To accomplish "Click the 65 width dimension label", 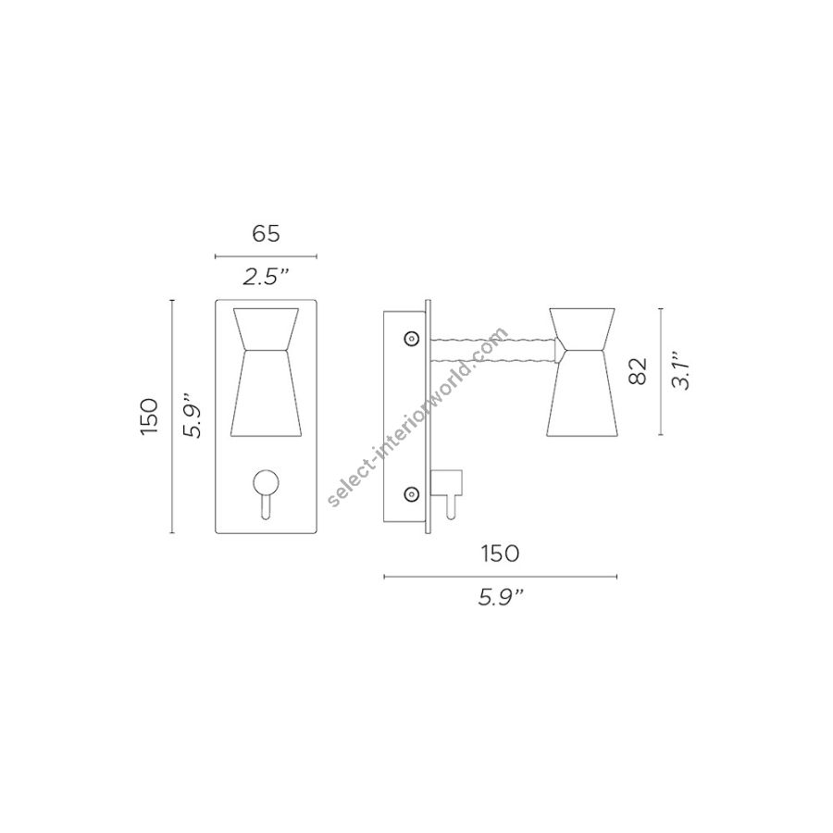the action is (266, 233).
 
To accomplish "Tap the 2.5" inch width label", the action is (266, 277).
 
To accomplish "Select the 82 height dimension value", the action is (638, 371).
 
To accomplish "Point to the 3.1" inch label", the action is (680, 370).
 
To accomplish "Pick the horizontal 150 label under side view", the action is (500, 553).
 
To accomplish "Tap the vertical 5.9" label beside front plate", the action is (193, 416).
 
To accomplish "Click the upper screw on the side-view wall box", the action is (410, 339).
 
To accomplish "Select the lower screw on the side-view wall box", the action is (410, 494).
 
